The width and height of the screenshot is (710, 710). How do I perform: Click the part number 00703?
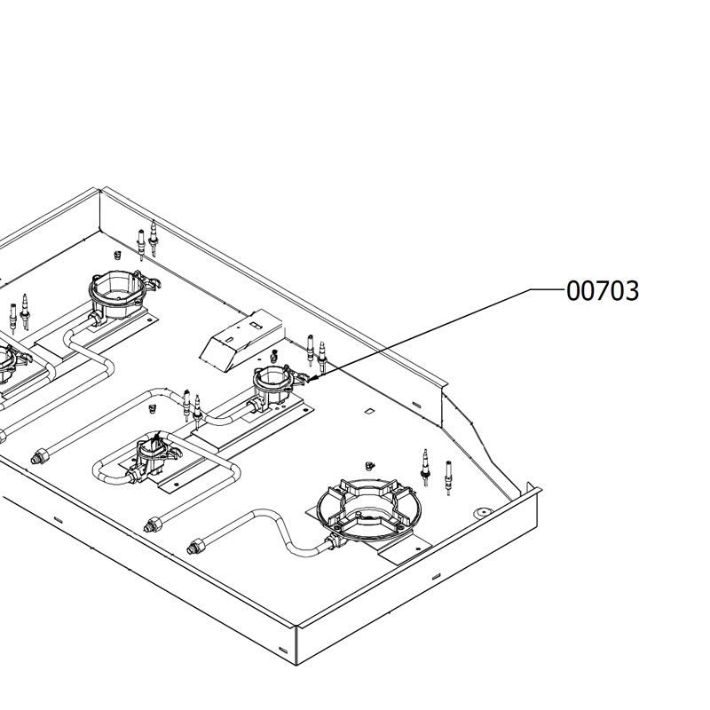click(603, 291)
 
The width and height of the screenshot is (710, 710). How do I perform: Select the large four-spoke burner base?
click(369, 509)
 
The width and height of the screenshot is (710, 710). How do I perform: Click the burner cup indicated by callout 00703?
click(275, 383)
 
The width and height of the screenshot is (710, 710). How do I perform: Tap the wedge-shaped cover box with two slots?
click(242, 340)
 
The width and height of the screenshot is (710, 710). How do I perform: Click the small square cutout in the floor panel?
click(369, 411)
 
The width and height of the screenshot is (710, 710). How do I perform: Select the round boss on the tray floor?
click(483, 513)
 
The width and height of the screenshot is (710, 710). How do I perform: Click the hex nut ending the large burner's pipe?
click(195, 547)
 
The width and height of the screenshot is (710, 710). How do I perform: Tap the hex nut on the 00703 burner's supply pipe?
click(40, 456)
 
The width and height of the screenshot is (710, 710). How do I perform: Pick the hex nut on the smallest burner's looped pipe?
click(153, 525)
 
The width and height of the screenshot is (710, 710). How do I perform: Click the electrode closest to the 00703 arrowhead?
click(322, 358)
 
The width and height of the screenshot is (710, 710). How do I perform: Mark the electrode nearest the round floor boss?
click(448, 477)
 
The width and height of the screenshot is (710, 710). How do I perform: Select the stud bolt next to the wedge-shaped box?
click(273, 356)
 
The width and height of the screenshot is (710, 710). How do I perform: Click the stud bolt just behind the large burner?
click(369, 465)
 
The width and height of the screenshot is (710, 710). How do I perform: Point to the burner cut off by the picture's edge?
click(10, 362)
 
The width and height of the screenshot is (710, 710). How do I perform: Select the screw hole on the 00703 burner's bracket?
click(305, 411)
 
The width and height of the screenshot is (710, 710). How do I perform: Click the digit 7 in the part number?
click(603, 291)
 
